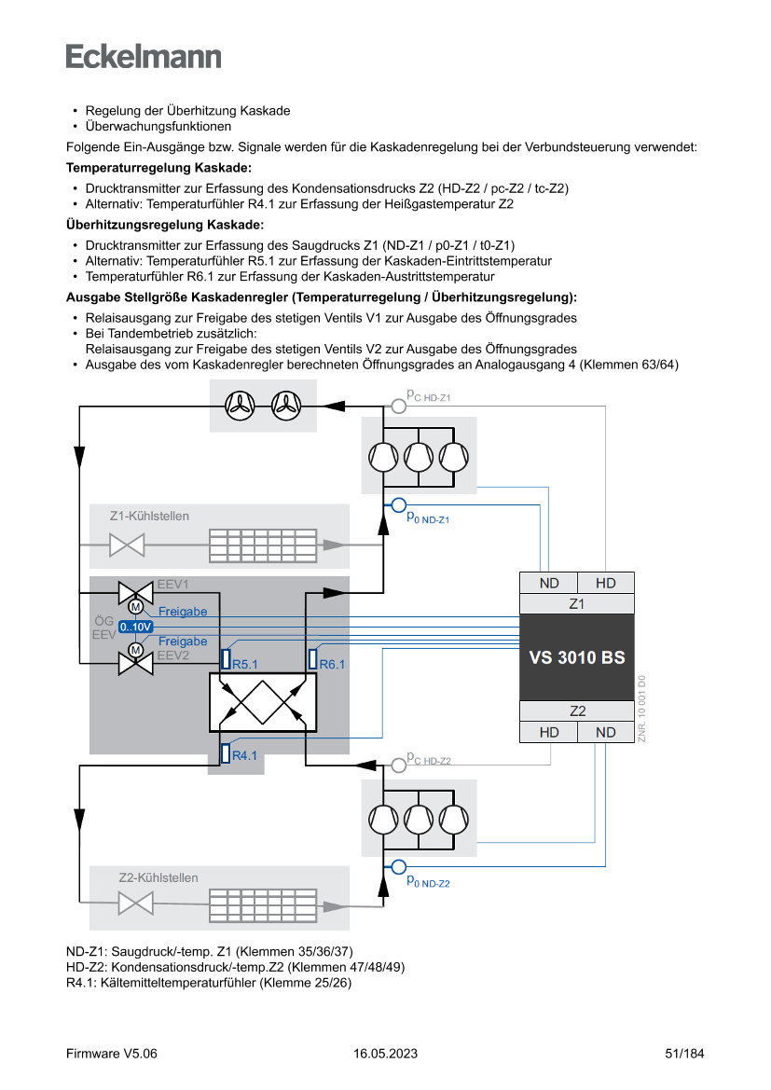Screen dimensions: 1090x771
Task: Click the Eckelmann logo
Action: coord(144,56)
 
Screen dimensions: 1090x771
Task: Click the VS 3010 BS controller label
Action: coord(577,657)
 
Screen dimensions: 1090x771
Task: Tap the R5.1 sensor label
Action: coord(244,665)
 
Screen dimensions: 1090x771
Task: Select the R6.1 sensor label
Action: coord(332,665)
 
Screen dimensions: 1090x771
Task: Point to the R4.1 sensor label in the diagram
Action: coord(244,755)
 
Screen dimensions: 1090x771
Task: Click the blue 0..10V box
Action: coord(135,627)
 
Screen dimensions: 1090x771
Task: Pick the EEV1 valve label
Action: coord(172,584)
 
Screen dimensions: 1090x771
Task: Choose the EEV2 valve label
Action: coord(172,655)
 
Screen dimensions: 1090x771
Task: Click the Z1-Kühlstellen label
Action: coord(149,516)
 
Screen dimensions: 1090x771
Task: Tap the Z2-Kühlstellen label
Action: coord(158,877)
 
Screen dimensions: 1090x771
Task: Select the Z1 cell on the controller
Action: coord(577,603)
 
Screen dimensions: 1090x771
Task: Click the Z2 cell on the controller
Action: coord(577,711)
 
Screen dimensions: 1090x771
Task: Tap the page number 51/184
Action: coord(684,1054)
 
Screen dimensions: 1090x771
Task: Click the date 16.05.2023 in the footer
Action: coord(385,1054)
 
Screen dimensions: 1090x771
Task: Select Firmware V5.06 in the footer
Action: coord(112,1054)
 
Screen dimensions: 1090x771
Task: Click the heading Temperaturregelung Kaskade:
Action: coord(158,168)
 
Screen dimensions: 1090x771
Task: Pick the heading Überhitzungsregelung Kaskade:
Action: coord(165,225)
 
